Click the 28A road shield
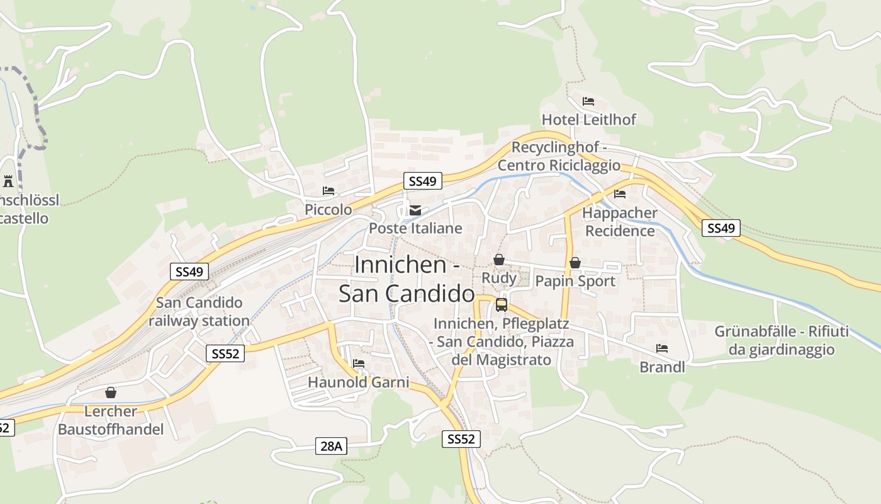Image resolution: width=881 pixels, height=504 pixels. (331, 447)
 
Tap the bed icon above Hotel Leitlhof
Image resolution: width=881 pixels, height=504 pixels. (588, 101)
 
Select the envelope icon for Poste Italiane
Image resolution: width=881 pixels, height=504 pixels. (415, 210)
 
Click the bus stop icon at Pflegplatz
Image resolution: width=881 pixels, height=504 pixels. (502, 305)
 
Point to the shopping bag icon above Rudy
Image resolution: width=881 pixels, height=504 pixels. (499, 260)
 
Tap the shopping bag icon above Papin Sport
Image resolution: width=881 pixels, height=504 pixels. (575, 263)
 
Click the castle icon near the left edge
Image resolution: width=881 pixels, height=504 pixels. (8, 181)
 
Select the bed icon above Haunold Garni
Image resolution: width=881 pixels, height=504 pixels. (359, 364)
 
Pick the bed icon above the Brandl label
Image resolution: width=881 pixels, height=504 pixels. (662, 348)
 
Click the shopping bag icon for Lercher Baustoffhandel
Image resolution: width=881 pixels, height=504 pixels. (111, 392)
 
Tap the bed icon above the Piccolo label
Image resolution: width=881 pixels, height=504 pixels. (328, 191)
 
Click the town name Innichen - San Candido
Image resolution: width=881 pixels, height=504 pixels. (407, 279)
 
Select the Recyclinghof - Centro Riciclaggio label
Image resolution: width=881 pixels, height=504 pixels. (559, 156)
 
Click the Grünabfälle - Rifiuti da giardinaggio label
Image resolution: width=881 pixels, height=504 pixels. (781, 340)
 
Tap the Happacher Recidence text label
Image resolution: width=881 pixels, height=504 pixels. (620, 222)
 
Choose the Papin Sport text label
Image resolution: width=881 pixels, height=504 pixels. (575, 281)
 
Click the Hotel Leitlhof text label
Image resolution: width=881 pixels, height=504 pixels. (589, 119)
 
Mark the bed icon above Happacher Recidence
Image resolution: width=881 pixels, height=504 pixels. (620, 194)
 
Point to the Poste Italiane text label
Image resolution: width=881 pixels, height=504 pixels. (415, 228)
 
